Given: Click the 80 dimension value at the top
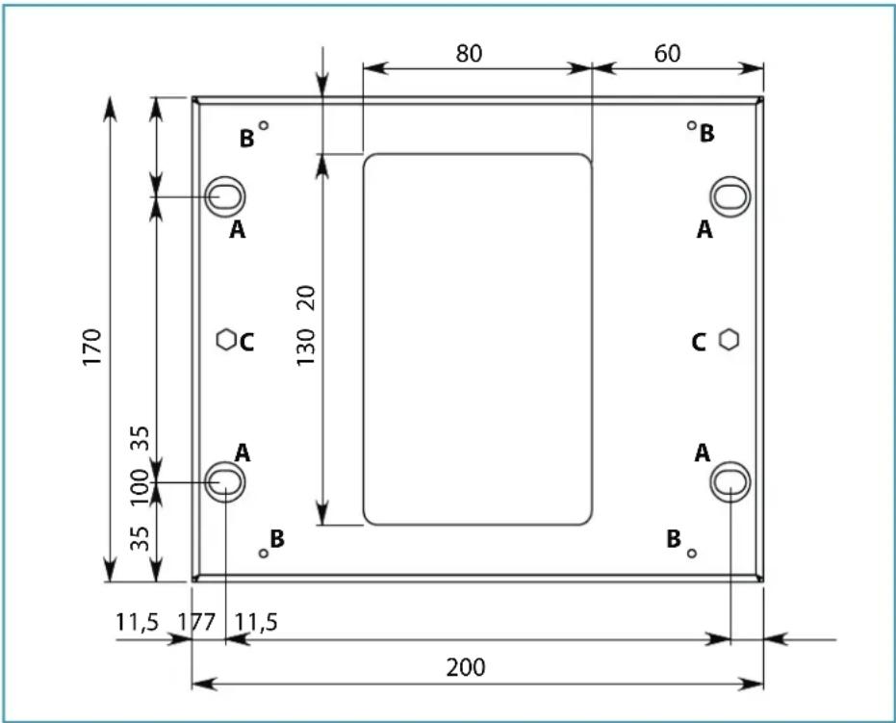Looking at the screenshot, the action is (x=469, y=53).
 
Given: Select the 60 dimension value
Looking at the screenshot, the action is (x=667, y=53).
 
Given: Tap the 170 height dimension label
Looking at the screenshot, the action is (x=92, y=348).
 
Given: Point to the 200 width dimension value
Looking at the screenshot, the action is (x=466, y=667).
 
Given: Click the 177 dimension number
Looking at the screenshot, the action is (x=196, y=622).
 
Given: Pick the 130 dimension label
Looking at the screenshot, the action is (x=306, y=348).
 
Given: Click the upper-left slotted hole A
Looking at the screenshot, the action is (x=224, y=197).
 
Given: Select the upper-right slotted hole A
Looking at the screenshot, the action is (x=730, y=197).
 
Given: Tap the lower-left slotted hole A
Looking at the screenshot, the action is (x=224, y=481).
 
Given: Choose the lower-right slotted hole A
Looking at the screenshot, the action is (x=730, y=481).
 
